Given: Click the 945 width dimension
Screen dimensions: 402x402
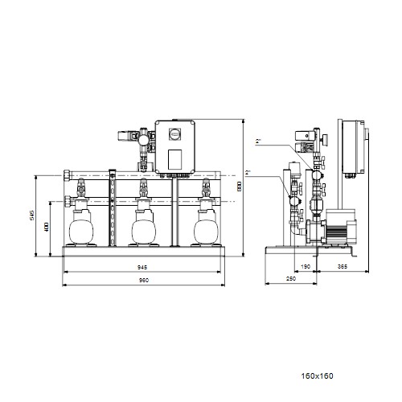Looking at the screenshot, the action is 142,267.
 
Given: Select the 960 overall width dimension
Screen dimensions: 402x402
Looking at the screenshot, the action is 143,281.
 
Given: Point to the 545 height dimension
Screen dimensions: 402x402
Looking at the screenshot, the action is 32,215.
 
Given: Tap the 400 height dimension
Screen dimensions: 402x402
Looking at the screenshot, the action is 47,227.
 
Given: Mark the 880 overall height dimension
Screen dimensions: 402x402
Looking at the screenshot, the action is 240,187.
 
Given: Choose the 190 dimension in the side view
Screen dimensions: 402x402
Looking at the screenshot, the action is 306,267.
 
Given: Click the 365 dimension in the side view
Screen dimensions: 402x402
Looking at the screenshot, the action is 343,267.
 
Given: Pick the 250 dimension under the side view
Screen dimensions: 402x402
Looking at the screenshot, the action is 291,279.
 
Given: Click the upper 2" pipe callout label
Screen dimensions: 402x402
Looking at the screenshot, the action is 258,142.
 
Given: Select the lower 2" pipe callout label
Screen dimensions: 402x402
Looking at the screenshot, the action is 248,173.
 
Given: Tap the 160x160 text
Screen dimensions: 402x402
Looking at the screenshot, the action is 318,376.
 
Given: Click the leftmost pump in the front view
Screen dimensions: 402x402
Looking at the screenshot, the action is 81,227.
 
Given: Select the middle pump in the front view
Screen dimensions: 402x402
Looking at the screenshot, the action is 144,227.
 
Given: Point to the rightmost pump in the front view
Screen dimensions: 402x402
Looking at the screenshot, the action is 206,227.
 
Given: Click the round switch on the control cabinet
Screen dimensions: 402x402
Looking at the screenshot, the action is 174,133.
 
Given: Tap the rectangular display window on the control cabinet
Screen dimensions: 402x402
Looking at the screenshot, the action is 174,159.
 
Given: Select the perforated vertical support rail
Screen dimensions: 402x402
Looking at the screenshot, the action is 113,207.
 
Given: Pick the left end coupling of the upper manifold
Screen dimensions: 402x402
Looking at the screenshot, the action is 67,176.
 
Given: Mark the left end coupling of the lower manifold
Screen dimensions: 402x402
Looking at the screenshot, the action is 67,201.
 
